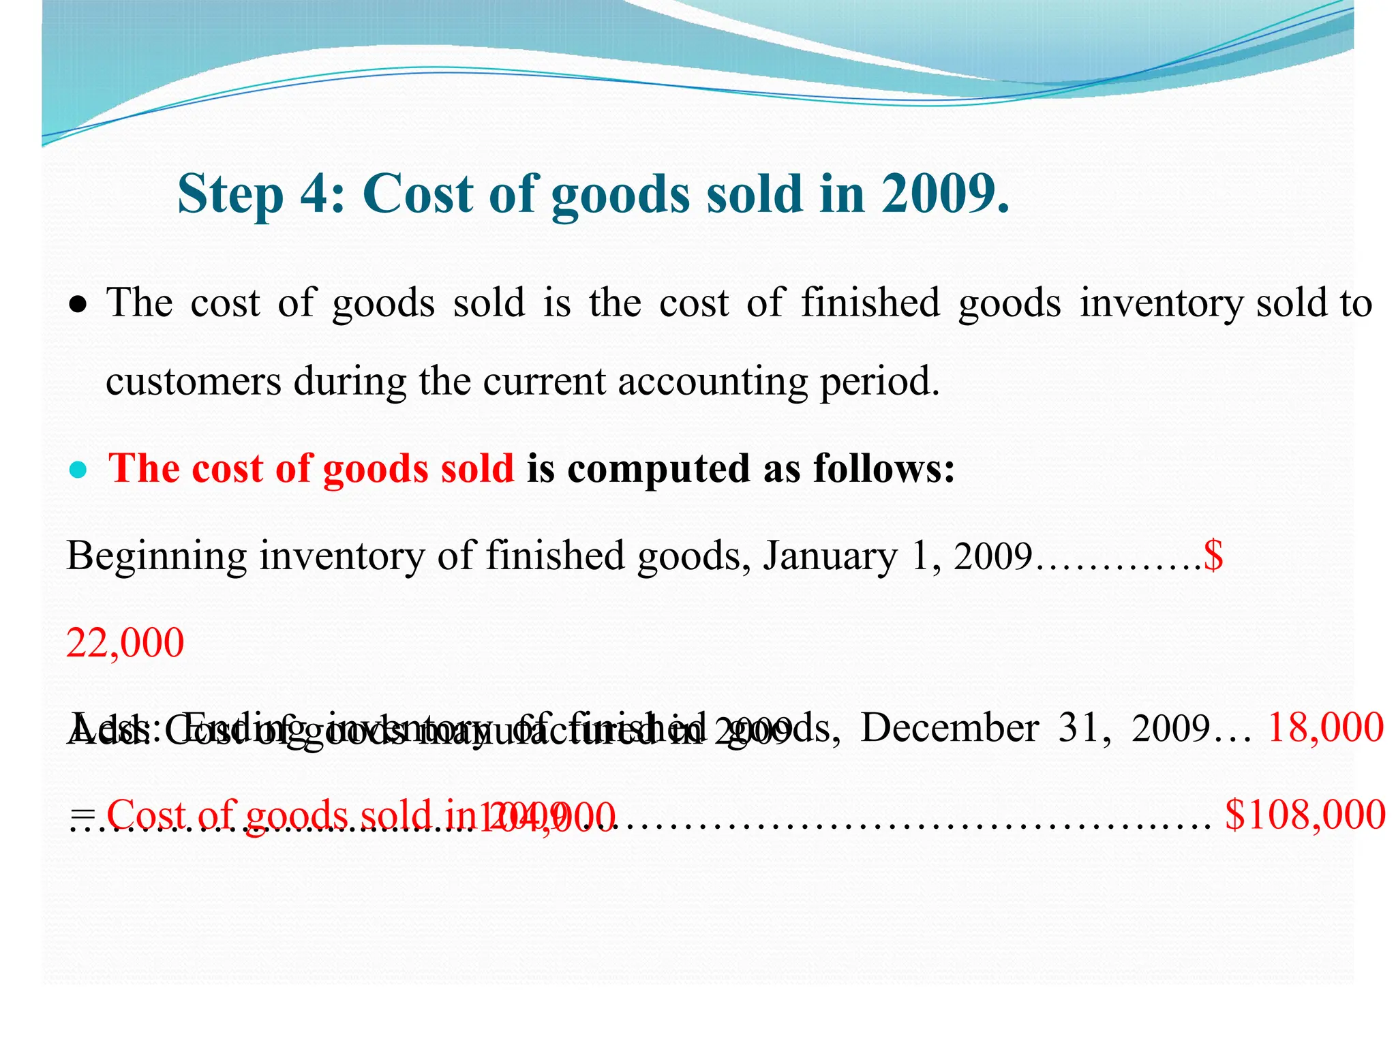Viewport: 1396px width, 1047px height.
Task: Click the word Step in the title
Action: pos(230,194)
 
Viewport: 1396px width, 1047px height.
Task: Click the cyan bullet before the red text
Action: pos(79,470)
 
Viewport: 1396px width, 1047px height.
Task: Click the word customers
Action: pos(193,381)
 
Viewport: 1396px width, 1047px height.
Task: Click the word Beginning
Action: pos(156,557)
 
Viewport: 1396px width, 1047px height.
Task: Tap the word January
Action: pos(830,557)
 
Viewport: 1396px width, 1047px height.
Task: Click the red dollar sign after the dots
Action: pos(1213,556)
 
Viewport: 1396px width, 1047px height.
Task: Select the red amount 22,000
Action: pos(125,643)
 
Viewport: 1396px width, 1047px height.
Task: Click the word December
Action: pos(950,728)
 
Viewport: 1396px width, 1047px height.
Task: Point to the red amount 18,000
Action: pos(1325,728)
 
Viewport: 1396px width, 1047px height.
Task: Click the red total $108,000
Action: pos(1305,815)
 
